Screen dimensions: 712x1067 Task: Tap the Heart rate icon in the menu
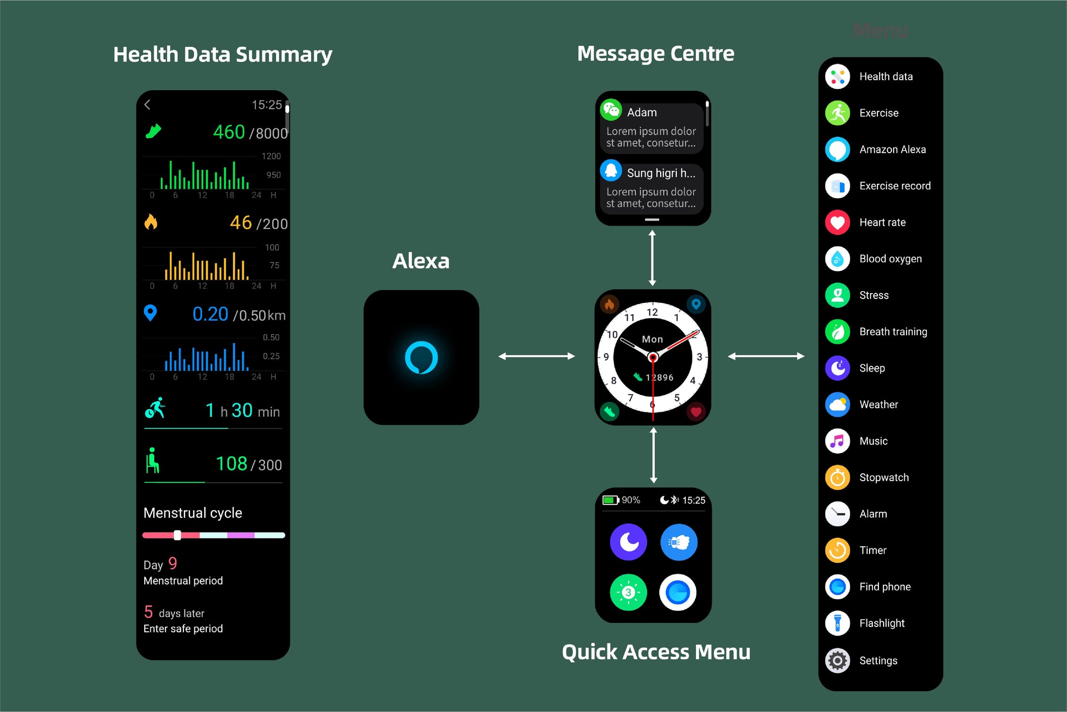pos(837,223)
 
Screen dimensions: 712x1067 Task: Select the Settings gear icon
pos(837,661)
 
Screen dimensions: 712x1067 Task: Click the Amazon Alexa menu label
pos(892,150)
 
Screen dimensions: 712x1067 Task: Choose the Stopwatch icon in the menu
pos(837,477)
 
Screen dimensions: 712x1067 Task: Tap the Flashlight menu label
pos(882,623)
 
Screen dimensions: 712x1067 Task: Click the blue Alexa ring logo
pos(421,358)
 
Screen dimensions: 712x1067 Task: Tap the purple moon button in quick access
pos(628,542)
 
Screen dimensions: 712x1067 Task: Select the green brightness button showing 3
pos(628,592)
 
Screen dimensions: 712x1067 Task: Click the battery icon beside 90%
pos(610,500)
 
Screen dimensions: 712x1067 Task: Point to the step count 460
pos(229,132)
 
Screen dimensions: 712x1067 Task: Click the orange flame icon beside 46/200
pos(151,222)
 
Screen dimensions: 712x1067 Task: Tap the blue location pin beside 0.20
pos(150,313)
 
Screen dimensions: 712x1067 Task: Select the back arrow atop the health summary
pos(147,105)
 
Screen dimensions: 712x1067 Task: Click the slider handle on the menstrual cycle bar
pos(177,535)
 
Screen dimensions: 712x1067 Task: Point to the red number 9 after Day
pos(172,563)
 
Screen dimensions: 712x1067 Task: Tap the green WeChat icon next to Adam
pos(611,109)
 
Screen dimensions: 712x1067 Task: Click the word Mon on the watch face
pos(652,339)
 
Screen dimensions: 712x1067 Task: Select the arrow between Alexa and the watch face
pos(537,357)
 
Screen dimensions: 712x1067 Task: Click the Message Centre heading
pos(655,54)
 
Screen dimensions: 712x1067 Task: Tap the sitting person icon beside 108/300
pos(152,461)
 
